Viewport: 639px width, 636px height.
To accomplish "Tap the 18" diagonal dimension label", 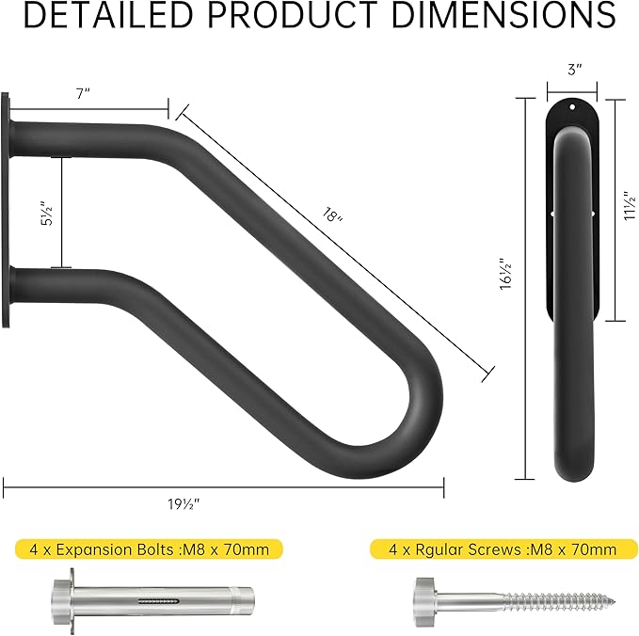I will [330, 216].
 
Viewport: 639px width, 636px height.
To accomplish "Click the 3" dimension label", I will [573, 69].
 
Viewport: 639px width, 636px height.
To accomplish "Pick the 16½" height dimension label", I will [504, 275].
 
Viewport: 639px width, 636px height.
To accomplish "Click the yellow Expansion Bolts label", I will [149, 549].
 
